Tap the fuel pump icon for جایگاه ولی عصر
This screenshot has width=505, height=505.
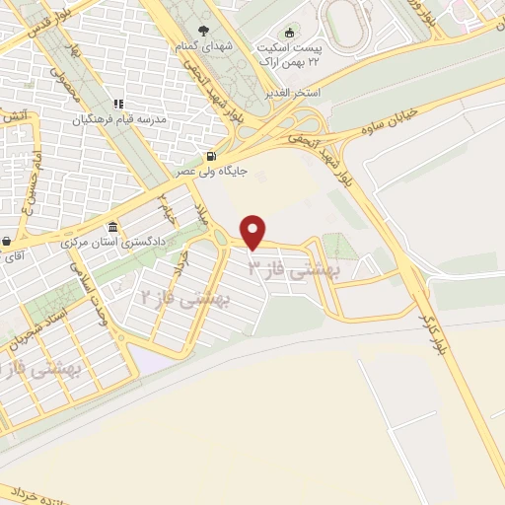coord(211,156)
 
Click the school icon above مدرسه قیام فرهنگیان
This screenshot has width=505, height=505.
coord(116,104)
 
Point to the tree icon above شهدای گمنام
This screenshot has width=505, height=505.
coord(204,30)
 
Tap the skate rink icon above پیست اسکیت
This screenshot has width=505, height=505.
coord(289,31)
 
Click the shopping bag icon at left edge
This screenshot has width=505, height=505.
coord(7,241)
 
